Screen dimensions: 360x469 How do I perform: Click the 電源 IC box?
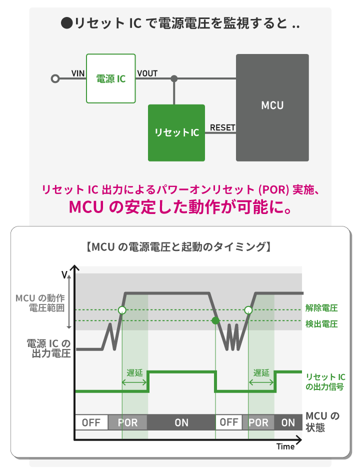pyautogui.click(x=111, y=78)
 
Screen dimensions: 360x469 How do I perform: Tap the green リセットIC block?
pyautogui.click(x=176, y=133)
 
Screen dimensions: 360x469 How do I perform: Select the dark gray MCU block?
pyautogui.click(x=272, y=107)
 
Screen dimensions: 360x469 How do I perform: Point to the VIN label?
pyautogui.click(x=78, y=73)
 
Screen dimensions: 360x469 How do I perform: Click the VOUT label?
pyautogui.click(x=147, y=73)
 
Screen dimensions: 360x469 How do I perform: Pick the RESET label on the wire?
pyautogui.click(x=222, y=127)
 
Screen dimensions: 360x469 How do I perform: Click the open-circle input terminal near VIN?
pyautogui.click(x=55, y=78)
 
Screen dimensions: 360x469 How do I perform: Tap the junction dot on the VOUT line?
pyautogui.click(x=174, y=78)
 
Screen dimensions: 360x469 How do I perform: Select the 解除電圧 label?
pyautogui.click(x=321, y=308)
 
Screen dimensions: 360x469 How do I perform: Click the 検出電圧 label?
pyautogui.click(x=321, y=324)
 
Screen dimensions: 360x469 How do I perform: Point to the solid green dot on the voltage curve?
pyautogui.click(x=215, y=320)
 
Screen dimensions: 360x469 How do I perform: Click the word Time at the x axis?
pyautogui.click(x=285, y=446)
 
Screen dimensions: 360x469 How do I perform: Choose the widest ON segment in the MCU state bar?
pyautogui.click(x=181, y=422)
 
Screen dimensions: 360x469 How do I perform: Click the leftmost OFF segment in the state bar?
pyautogui.click(x=91, y=422)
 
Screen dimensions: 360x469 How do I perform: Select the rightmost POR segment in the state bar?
pyautogui.click(x=258, y=422)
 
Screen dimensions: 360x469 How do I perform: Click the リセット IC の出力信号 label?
pyautogui.click(x=325, y=382)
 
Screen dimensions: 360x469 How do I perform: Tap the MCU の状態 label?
pyautogui.click(x=322, y=421)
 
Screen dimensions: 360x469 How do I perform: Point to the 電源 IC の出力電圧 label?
pyautogui.click(x=48, y=348)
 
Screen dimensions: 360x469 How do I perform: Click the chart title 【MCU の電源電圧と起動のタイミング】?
pyautogui.click(x=178, y=247)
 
